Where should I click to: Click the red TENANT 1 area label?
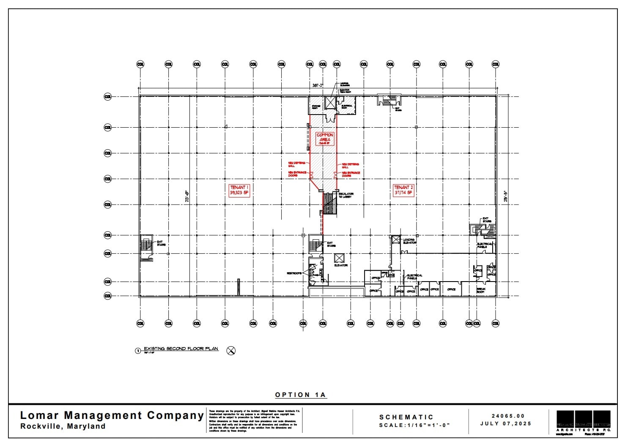(239, 190)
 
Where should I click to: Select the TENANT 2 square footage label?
(403, 193)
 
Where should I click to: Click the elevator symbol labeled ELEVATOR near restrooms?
(339, 257)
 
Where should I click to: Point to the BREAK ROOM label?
(481, 290)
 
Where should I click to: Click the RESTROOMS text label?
(294, 274)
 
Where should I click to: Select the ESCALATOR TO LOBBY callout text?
(346, 195)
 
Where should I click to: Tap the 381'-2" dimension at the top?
(317, 85)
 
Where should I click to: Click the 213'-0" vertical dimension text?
(186, 197)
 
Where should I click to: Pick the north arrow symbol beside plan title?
(231, 350)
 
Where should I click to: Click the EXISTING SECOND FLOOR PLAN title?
(181, 349)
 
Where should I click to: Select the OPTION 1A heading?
(301, 395)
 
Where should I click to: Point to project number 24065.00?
(508, 416)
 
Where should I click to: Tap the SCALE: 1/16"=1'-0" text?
(414, 425)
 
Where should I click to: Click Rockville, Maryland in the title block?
(63, 426)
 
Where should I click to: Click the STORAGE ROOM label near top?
(315, 107)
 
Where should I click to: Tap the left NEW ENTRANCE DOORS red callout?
(297, 174)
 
